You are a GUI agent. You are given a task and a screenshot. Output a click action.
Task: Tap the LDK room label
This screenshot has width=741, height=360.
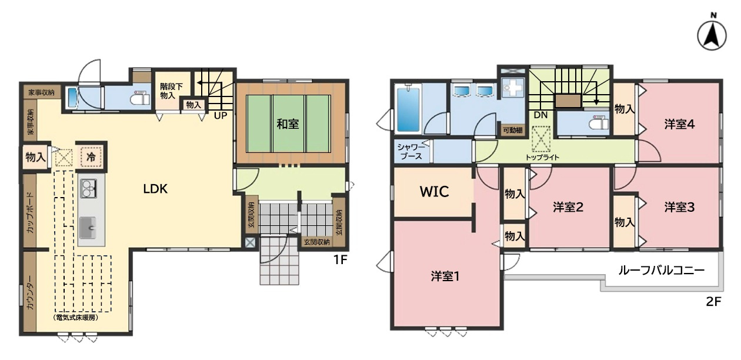(155, 189)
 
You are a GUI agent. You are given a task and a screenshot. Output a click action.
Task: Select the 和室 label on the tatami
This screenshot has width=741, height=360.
(288, 124)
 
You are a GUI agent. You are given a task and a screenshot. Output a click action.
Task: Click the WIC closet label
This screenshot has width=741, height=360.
(435, 192)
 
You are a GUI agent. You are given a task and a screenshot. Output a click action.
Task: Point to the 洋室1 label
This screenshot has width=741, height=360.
(445, 276)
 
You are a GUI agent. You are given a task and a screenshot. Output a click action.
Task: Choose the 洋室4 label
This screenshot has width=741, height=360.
(679, 125)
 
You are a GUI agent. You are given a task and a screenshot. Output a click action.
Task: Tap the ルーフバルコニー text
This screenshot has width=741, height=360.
(662, 271)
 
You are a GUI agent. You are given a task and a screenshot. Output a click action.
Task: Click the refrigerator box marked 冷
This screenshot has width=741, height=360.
(91, 157)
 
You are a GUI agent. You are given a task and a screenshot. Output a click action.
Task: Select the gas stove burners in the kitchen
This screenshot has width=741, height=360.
(88, 189)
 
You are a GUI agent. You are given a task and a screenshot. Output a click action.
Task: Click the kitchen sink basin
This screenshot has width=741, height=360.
(88, 228)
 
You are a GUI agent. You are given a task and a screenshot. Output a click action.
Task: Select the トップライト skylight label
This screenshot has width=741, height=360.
(542, 158)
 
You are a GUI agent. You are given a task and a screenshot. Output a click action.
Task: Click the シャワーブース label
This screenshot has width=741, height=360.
(411, 152)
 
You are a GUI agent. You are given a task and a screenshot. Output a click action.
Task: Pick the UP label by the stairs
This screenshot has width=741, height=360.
(221, 116)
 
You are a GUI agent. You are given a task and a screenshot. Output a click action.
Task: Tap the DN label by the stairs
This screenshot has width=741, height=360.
(540, 115)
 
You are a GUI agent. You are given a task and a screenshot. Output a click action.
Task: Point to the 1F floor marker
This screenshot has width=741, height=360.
(340, 260)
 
